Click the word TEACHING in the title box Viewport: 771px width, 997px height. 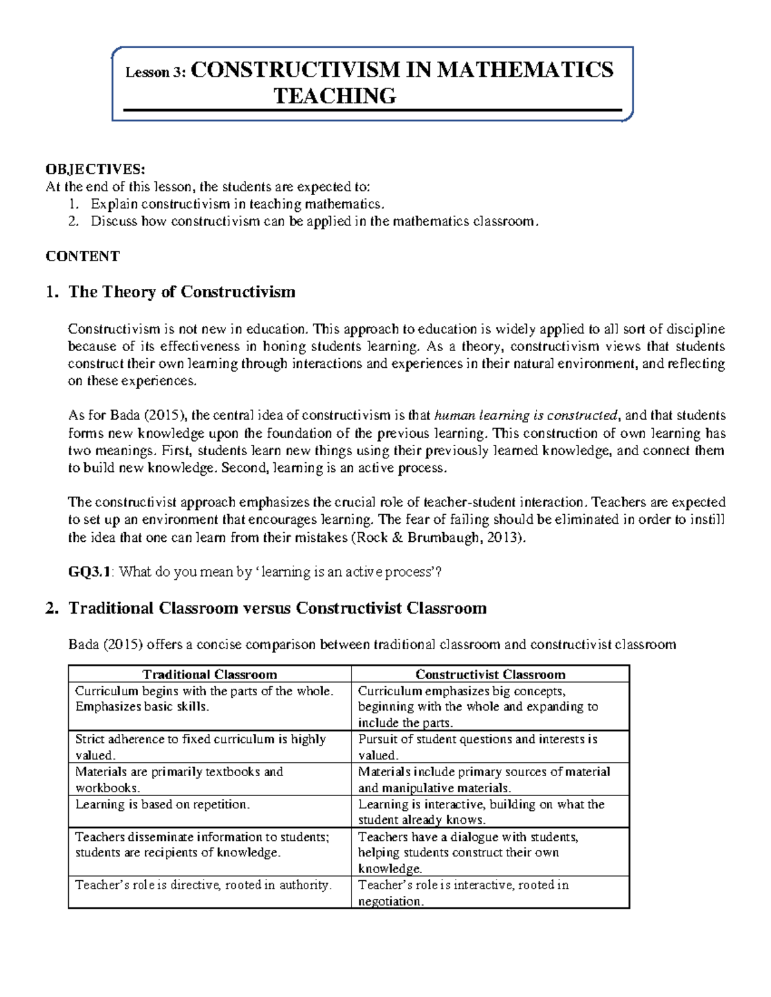point(335,96)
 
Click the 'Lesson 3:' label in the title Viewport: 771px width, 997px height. point(155,73)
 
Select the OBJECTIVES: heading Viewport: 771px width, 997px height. point(95,169)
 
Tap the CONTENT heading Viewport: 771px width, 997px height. point(82,256)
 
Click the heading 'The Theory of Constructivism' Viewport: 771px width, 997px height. point(182,292)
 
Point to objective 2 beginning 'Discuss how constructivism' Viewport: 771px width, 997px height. point(312,221)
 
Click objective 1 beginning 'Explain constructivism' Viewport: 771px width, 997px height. point(237,204)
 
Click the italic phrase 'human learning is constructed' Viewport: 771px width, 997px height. point(526,415)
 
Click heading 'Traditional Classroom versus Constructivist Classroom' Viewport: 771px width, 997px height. point(278,608)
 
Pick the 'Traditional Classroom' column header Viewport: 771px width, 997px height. point(209,674)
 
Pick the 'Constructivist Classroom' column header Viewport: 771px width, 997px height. point(490,674)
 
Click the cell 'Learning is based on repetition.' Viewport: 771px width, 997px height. point(163,804)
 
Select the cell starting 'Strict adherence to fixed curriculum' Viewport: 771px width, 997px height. point(200,747)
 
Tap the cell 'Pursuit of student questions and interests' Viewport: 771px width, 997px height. point(477,747)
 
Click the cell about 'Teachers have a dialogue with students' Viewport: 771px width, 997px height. point(468,852)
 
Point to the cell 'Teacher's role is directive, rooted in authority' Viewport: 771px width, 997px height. point(203,885)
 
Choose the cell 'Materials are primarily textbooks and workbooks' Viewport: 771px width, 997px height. point(179,779)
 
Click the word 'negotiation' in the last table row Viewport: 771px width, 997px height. point(390,901)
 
